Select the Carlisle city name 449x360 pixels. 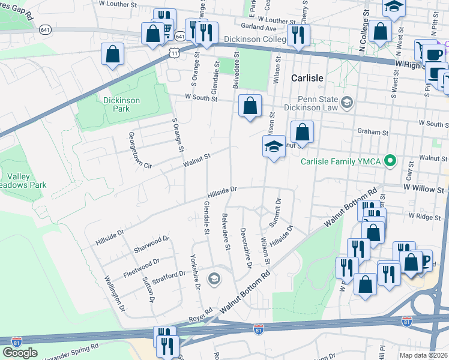pos(307,79)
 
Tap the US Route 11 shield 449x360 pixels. pos(173,53)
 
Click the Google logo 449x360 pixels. pos(20,353)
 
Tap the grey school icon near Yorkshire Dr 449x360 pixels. pos(213,279)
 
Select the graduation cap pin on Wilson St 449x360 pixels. pos(274,146)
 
